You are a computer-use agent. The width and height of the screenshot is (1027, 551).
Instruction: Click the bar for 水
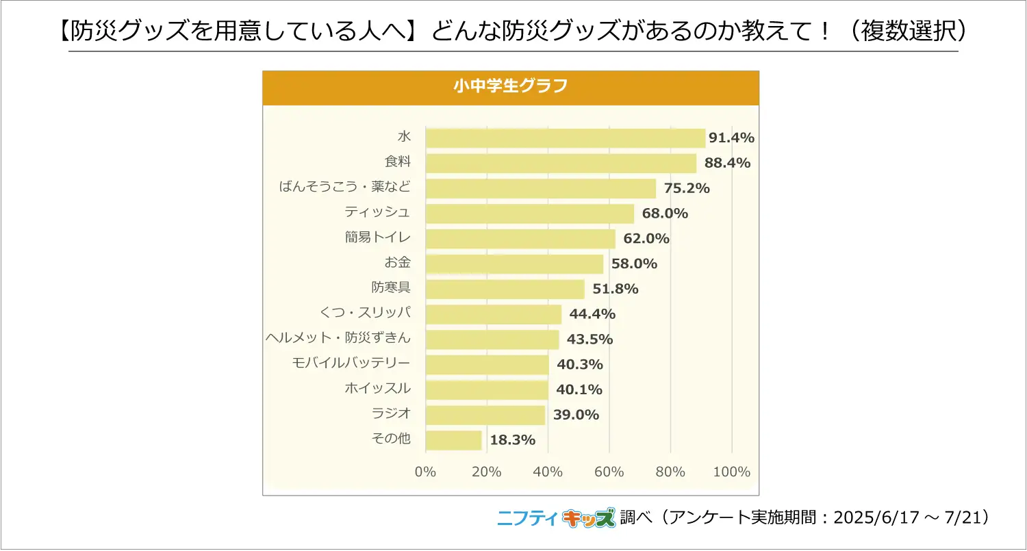(x=565, y=138)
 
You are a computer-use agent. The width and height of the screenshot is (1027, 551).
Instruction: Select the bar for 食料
(x=561, y=164)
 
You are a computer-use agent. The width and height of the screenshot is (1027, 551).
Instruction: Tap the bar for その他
(x=453, y=440)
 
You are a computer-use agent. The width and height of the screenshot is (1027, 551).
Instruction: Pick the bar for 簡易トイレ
(x=520, y=239)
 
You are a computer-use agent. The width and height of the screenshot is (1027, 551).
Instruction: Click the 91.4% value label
(x=731, y=138)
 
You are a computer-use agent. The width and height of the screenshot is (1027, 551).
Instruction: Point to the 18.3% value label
(x=513, y=440)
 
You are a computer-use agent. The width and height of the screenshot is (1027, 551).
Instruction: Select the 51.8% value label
(x=616, y=289)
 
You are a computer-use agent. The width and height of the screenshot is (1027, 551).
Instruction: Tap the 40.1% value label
(x=579, y=389)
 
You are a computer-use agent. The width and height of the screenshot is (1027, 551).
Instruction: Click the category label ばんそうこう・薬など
(x=345, y=187)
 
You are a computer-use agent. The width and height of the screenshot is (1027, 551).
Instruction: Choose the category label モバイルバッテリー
(x=351, y=363)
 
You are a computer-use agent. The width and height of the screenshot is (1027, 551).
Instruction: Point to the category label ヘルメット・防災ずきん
(x=338, y=338)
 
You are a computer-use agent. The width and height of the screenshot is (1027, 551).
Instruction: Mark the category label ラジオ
(x=391, y=413)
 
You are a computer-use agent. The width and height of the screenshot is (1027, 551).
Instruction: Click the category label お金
(x=398, y=262)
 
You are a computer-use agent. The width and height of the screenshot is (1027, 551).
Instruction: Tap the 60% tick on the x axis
(x=609, y=472)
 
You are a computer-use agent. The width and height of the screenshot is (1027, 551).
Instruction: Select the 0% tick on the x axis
(x=425, y=472)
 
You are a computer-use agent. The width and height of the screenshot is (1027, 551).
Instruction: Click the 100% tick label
(x=732, y=472)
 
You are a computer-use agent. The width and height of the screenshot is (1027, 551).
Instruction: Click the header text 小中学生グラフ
(x=510, y=88)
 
